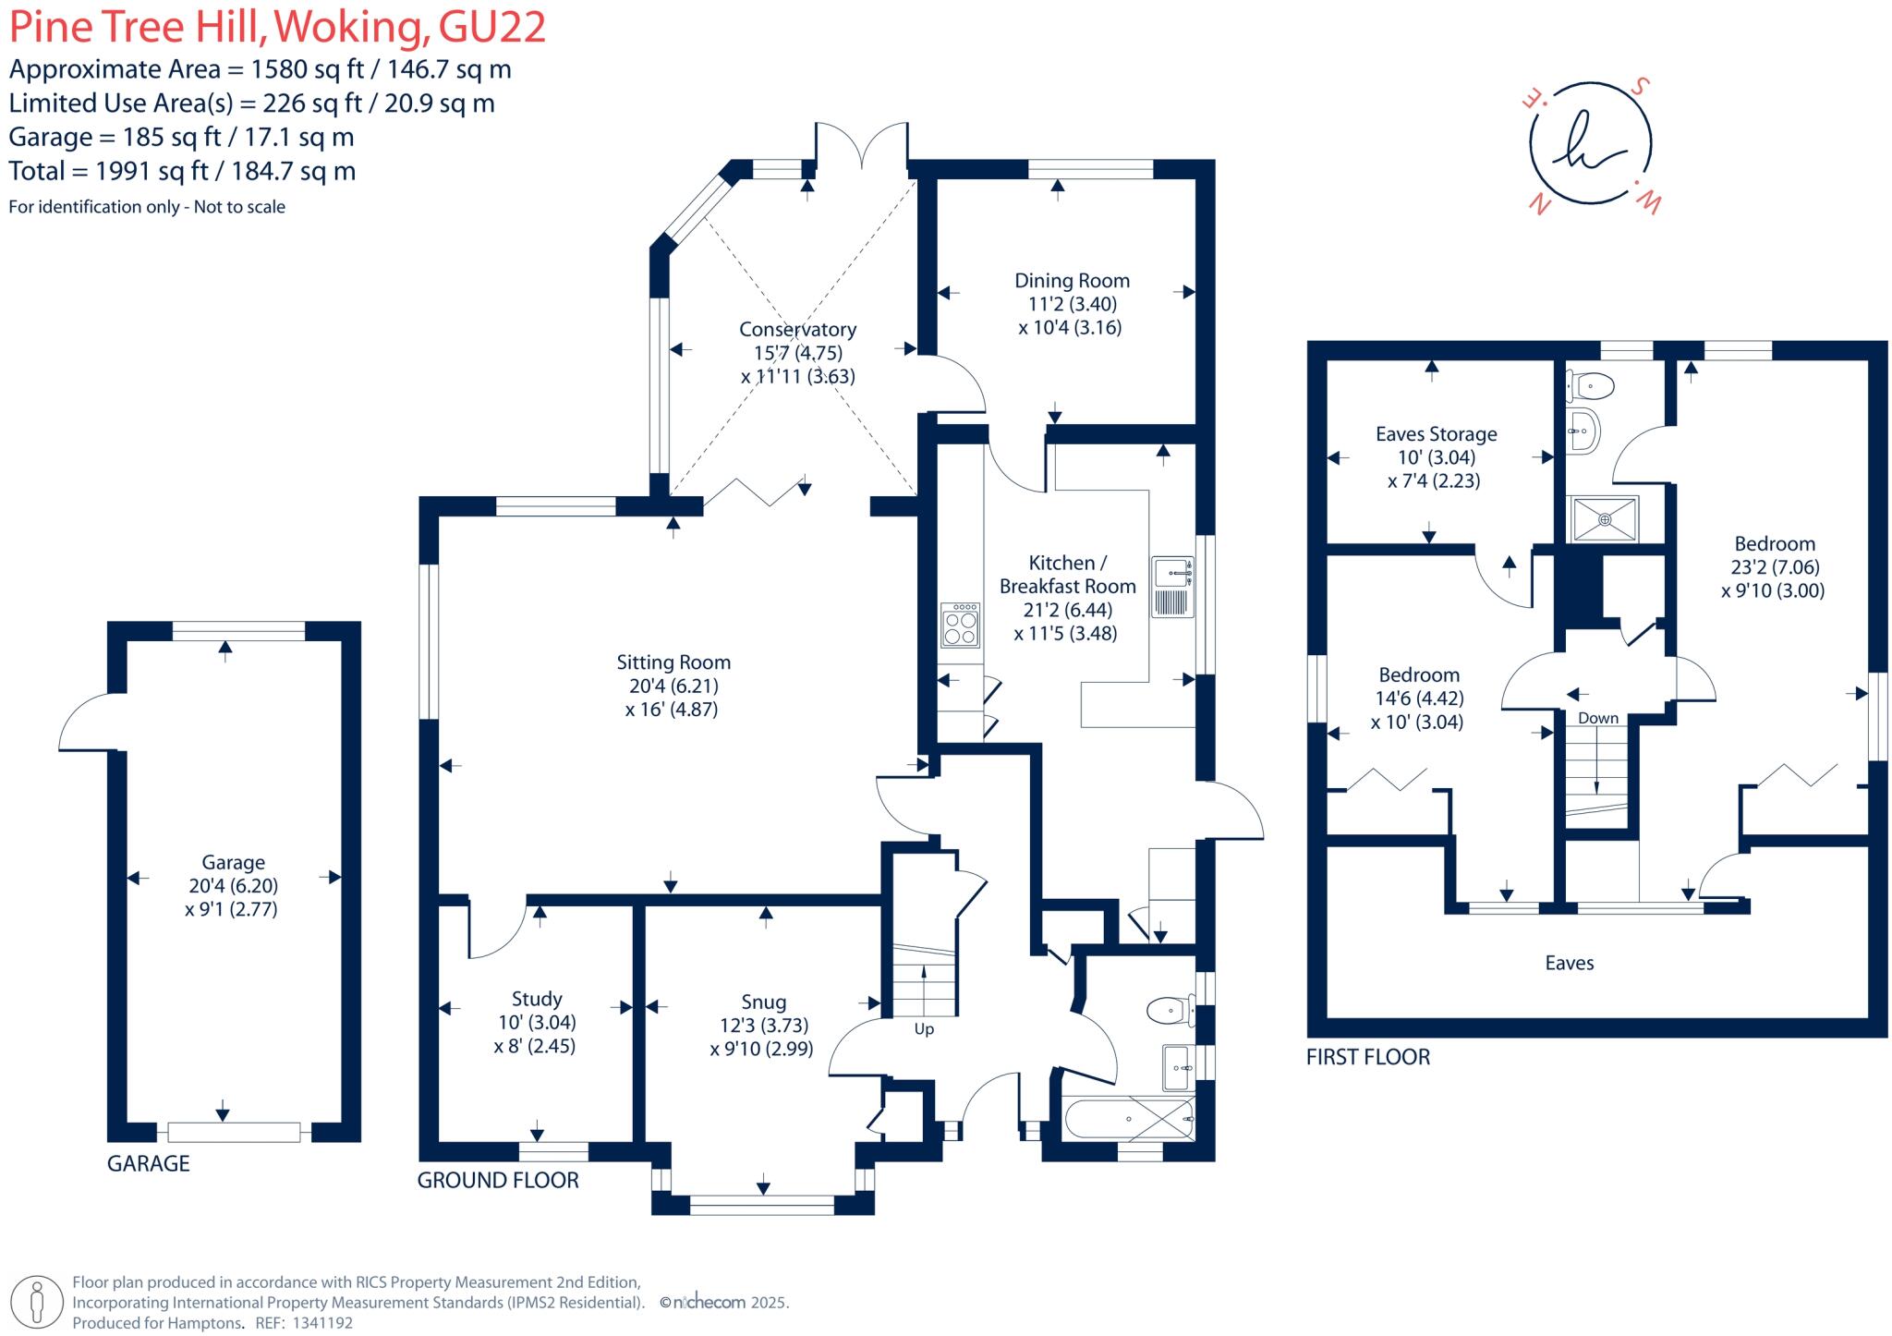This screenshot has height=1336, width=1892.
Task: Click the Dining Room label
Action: (x=1072, y=281)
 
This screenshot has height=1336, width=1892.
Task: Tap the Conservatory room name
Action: (x=797, y=330)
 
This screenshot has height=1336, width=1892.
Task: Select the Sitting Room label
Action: (x=673, y=662)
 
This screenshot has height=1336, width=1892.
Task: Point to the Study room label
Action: (x=537, y=999)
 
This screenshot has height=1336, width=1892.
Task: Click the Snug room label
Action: (x=763, y=1002)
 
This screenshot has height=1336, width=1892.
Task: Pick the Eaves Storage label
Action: (x=1436, y=434)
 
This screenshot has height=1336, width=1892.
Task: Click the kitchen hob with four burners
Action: (x=960, y=625)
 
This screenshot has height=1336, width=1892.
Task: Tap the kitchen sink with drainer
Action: (x=1172, y=587)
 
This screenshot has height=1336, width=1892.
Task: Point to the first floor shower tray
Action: (x=1606, y=519)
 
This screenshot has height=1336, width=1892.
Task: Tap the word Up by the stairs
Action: (x=924, y=1029)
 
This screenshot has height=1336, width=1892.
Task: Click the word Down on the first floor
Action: (x=1598, y=718)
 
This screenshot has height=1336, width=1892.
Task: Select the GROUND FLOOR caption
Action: (x=498, y=1180)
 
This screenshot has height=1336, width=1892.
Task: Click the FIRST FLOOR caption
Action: (x=1368, y=1057)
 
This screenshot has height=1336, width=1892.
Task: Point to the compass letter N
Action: (x=1539, y=204)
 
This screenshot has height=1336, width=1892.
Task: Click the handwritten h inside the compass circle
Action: (x=1590, y=144)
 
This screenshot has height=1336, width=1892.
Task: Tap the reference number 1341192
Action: (x=322, y=1323)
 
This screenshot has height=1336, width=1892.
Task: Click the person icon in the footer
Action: (x=37, y=1302)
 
